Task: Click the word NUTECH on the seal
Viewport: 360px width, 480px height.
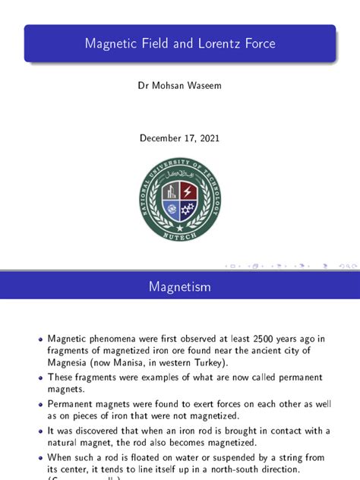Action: [180, 236]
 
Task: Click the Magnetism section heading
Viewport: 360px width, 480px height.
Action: [180, 287]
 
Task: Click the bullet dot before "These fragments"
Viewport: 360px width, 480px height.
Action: [40, 377]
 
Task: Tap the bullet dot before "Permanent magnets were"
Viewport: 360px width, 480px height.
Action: [40, 405]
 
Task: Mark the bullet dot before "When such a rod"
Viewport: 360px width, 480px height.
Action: [40, 458]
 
